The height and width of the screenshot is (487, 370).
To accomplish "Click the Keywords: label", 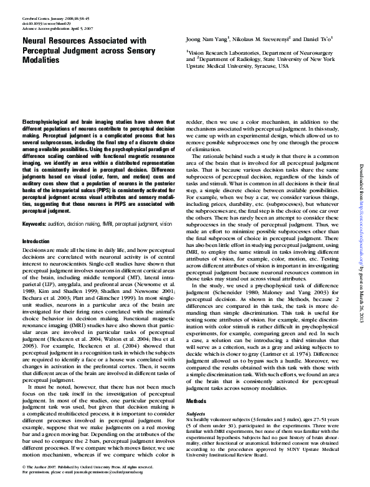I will [x=36, y=223].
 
